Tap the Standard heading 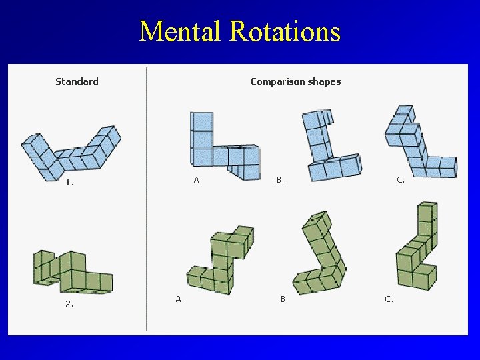pos(77,81)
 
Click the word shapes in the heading pos(325,81)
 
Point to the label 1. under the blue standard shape pos(69,182)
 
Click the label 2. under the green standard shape pos(69,304)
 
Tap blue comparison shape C pos(419,145)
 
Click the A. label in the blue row pos(198,180)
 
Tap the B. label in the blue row pos(280,180)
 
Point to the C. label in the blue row pos(400,180)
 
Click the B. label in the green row pos(284,299)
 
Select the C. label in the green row pos(389,299)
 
